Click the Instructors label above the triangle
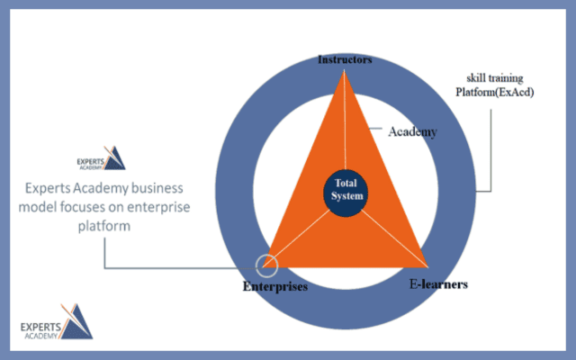pyautogui.click(x=346, y=59)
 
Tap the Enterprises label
pyautogui.click(x=275, y=287)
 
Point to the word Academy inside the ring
pyautogui.click(x=412, y=131)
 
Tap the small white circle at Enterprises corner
pyautogui.click(x=266, y=265)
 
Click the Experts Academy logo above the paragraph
pyautogui.click(x=101, y=158)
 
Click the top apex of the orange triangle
pyautogui.click(x=344, y=72)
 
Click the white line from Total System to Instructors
pyautogui.click(x=346, y=126)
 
